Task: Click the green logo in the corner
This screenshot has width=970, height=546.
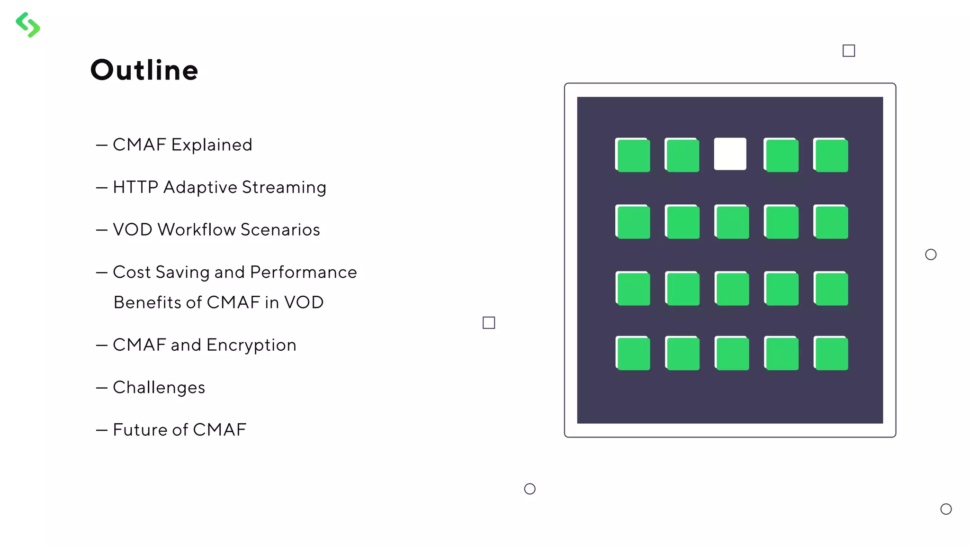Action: (28, 25)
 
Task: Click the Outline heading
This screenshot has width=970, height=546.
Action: (144, 70)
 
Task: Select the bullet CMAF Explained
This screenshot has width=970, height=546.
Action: (182, 145)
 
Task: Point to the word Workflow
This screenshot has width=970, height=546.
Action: (197, 229)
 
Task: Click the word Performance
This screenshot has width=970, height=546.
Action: (303, 272)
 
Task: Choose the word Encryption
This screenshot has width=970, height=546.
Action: (251, 345)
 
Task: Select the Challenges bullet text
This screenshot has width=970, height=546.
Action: (159, 387)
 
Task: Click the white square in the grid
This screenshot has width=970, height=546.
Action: (730, 154)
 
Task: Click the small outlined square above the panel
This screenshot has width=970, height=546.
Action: (849, 51)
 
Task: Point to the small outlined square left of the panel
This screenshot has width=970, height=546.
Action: (489, 323)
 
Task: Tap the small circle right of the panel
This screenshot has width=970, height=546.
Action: (931, 255)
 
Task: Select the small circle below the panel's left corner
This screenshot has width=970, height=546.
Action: (530, 489)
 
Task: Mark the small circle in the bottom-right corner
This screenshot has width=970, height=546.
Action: (946, 509)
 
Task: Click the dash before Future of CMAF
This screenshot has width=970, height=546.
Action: (101, 430)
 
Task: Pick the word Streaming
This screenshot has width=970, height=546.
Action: (284, 187)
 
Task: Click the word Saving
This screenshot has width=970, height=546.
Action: (182, 272)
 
